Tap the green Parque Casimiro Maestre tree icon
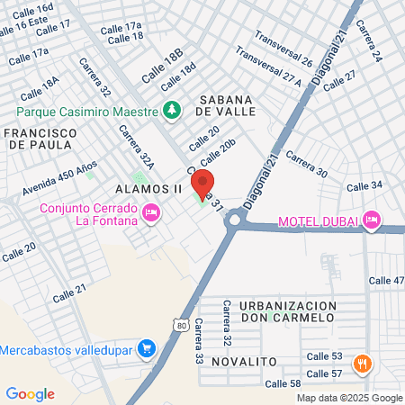[172, 110]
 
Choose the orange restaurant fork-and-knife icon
[364, 364]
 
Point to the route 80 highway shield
[183, 326]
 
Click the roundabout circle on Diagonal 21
[237, 219]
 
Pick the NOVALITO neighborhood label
[246, 361]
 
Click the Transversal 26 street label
[283, 49]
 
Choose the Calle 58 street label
[283, 384]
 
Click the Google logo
[30, 393]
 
